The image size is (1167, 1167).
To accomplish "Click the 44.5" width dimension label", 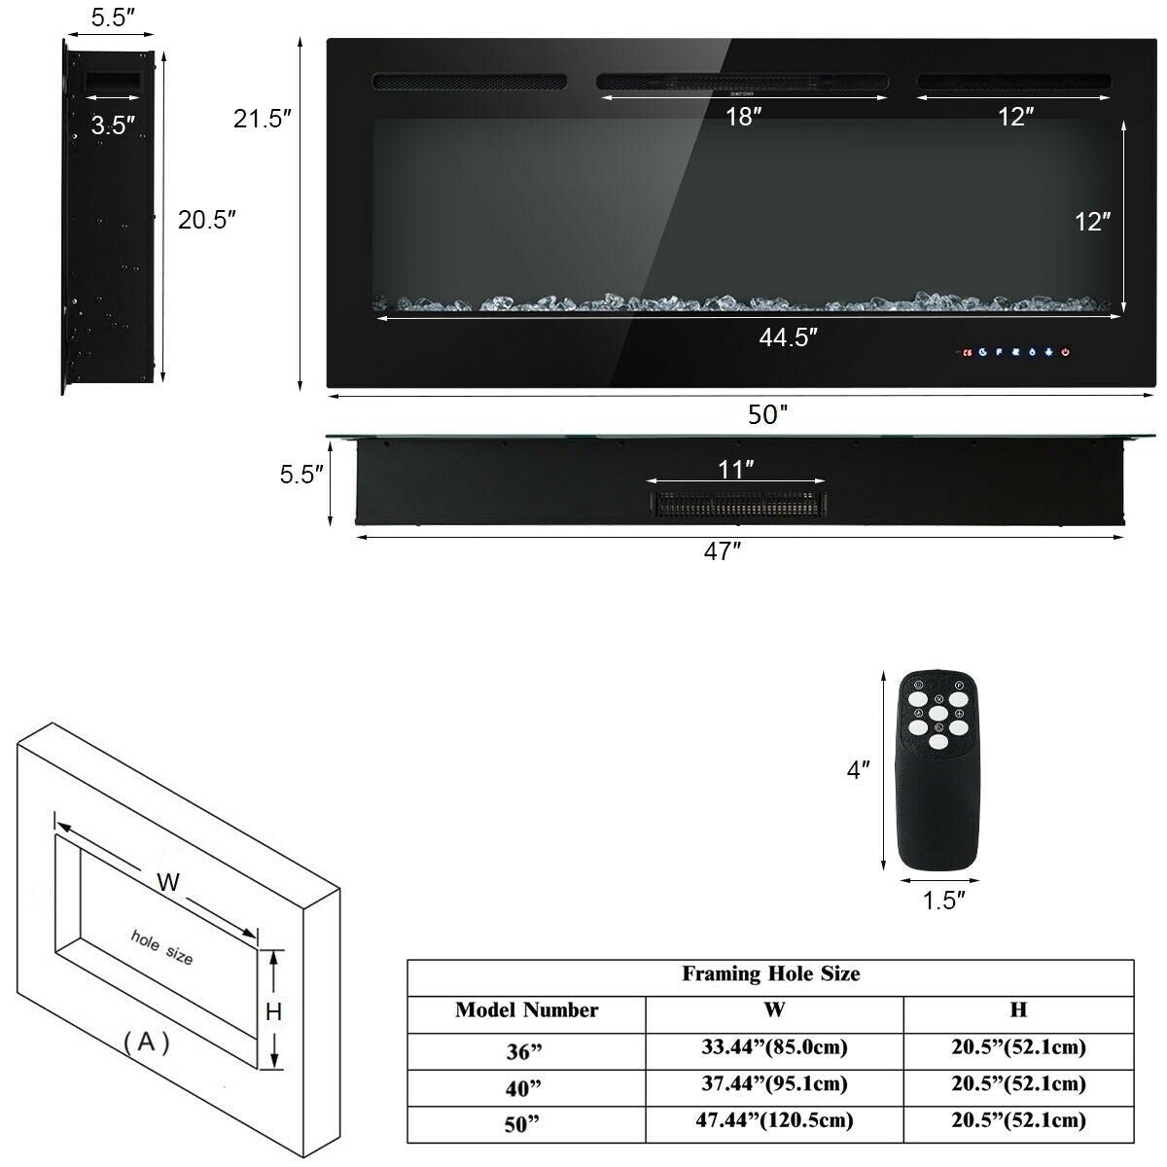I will [x=788, y=337].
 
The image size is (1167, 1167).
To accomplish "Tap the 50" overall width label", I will [x=767, y=415].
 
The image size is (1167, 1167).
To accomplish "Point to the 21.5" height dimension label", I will [x=263, y=120].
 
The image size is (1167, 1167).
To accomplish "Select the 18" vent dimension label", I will [x=743, y=118].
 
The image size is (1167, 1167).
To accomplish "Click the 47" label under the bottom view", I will [x=723, y=552].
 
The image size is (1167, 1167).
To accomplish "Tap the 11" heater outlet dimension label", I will [x=736, y=471].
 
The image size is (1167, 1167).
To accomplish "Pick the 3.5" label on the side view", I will [x=113, y=124].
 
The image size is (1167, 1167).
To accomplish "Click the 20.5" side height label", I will [x=207, y=220].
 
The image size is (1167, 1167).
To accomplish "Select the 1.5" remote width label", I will [x=943, y=901].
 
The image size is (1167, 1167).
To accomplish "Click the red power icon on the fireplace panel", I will [x=1067, y=352].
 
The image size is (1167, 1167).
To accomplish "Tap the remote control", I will [x=937, y=768].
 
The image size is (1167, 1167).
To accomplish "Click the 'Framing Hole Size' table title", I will [x=770, y=973].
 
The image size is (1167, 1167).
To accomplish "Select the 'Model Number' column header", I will [x=526, y=1010].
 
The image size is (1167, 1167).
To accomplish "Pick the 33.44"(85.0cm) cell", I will [x=774, y=1047].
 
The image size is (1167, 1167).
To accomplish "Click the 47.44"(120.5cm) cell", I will [x=774, y=1120].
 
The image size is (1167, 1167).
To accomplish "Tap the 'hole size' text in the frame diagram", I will [x=161, y=946].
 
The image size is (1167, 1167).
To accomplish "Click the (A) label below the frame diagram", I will [x=147, y=1043].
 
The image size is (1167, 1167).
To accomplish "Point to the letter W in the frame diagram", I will [x=168, y=882].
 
